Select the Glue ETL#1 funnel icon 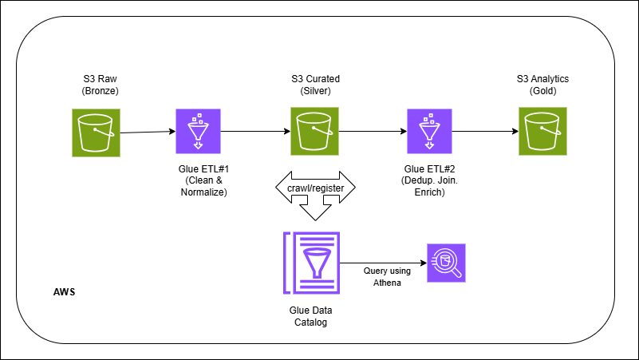coord(196,130)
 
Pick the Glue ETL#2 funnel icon coord(429,130)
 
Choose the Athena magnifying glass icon coord(446,262)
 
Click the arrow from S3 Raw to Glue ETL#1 coord(148,132)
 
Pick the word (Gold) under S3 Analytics coord(543,92)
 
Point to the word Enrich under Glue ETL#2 coord(429,194)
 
